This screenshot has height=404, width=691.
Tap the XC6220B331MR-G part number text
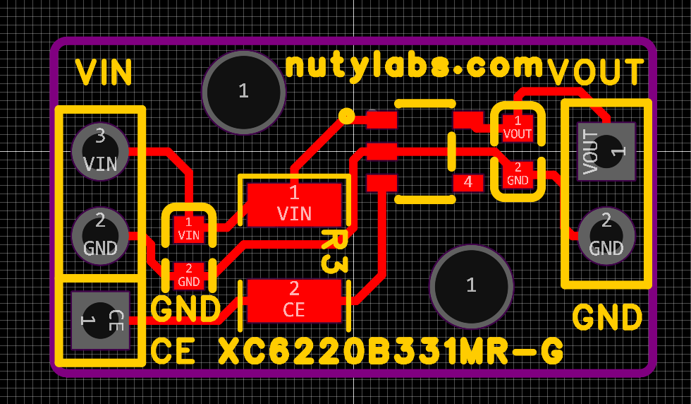click(391, 351)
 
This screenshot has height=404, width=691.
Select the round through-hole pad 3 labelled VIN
click(100, 151)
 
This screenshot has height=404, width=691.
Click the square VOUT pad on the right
click(606, 151)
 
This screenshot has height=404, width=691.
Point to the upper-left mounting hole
click(243, 91)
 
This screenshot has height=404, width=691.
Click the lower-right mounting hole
click(471, 285)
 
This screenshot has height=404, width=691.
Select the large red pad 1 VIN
click(294, 204)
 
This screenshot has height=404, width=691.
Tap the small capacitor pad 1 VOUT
click(518, 127)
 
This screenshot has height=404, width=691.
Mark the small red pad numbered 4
click(467, 182)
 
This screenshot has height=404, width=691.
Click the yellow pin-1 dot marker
click(346, 115)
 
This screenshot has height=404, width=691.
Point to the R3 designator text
click(334, 251)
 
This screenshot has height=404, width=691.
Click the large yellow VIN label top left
click(104, 72)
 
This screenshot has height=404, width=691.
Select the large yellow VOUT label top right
click(597, 72)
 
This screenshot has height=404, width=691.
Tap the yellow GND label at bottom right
click(607, 318)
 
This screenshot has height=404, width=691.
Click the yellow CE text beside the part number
click(173, 351)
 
